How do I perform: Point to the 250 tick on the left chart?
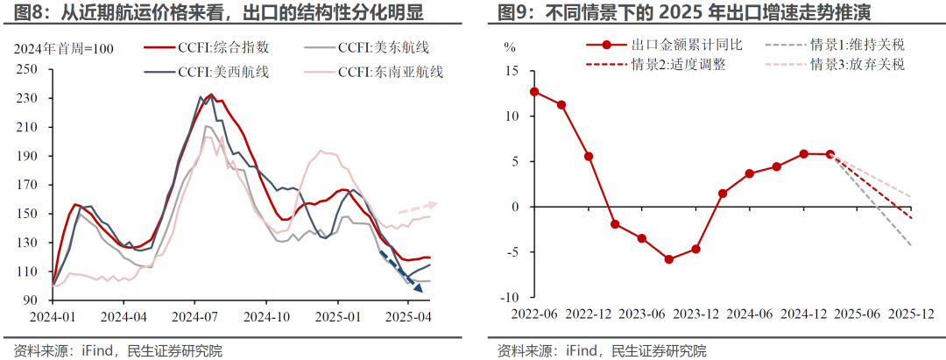coord(38,69)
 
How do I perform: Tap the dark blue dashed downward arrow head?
coord(419,288)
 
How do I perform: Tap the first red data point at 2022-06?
coord(534,91)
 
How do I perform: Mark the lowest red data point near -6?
coord(668,259)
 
